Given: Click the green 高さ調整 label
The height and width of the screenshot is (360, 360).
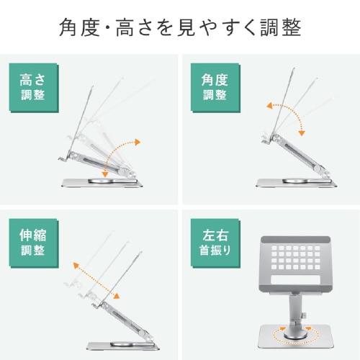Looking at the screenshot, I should [32, 89].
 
